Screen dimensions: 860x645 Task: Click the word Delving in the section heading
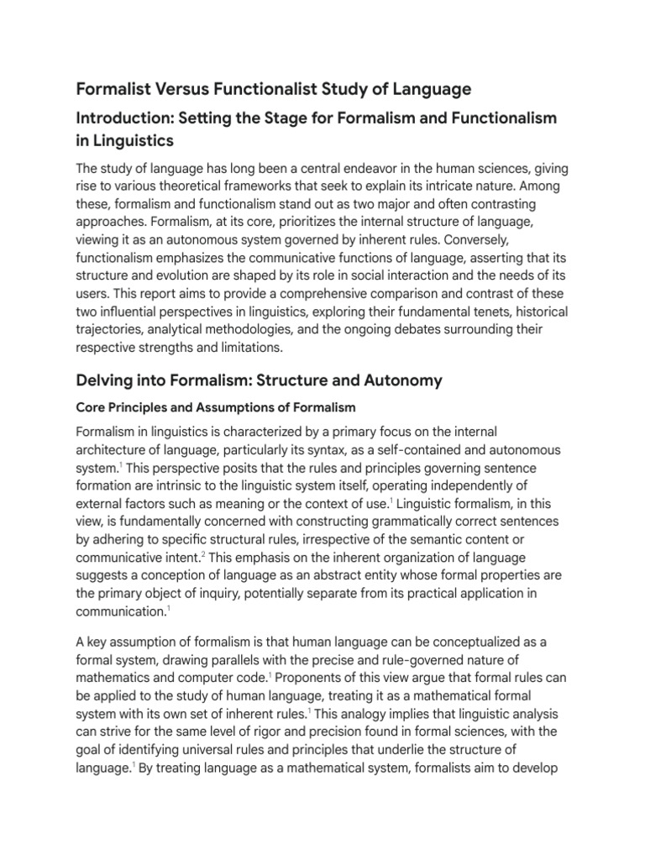point(105,380)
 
